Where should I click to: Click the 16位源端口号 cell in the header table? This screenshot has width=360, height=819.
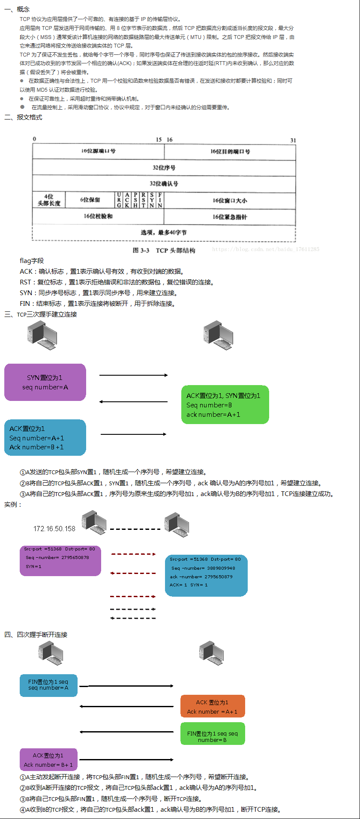98,151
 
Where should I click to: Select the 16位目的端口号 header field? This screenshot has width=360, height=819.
230,152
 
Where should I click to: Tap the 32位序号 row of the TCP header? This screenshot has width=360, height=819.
164,167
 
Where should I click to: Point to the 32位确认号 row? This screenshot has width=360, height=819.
164,184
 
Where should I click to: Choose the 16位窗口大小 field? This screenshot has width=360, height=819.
230,200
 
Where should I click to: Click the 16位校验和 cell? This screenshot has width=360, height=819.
98,216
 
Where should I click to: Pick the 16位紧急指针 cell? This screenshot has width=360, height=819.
230,217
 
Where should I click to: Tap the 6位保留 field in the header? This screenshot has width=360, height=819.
90,200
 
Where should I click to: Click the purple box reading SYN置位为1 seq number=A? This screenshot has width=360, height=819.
45,382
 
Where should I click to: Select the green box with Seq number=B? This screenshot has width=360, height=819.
225,405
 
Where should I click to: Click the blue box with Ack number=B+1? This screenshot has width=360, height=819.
45,437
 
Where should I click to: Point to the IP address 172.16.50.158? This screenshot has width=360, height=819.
54,529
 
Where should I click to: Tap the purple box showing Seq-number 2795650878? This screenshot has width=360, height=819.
60,560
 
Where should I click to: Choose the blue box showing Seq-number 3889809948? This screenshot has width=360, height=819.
206,575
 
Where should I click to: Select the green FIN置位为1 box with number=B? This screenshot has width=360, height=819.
213,734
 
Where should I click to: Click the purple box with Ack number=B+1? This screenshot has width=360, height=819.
48,759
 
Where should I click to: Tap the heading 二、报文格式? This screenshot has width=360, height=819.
24,117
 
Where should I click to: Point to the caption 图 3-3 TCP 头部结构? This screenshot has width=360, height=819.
164,250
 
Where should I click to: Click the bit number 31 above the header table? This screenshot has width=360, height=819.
293,140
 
